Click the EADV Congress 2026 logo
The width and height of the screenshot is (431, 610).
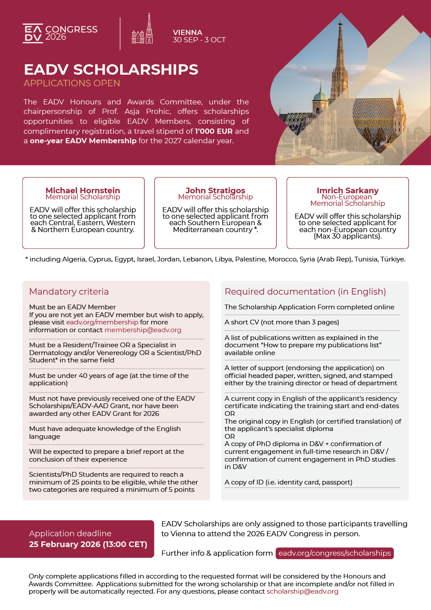(x=60, y=33)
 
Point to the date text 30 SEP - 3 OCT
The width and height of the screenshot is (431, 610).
(x=199, y=40)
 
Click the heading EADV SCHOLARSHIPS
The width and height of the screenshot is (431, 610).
(x=111, y=69)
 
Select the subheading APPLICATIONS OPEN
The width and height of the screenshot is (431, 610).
(x=72, y=83)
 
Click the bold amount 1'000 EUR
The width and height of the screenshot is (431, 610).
(x=214, y=131)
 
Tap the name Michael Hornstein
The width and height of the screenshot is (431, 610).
(x=83, y=190)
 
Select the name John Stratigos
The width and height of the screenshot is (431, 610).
(x=215, y=190)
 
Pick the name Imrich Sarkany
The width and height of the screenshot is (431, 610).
(x=347, y=190)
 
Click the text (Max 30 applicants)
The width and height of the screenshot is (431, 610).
(x=347, y=236)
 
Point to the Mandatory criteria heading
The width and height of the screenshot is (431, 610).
(x=69, y=292)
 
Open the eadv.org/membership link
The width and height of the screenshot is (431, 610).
(x=102, y=322)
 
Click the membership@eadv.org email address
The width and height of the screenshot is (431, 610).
(x=143, y=330)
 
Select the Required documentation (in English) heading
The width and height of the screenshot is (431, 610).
(x=305, y=292)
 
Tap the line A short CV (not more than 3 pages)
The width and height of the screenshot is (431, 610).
(x=282, y=322)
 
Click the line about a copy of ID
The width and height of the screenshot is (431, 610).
(x=288, y=482)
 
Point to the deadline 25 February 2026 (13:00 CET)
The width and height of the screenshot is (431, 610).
(x=88, y=544)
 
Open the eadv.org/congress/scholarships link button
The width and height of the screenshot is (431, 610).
(x=334, y=553)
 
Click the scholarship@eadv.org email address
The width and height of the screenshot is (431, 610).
(x=302, y=591)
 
